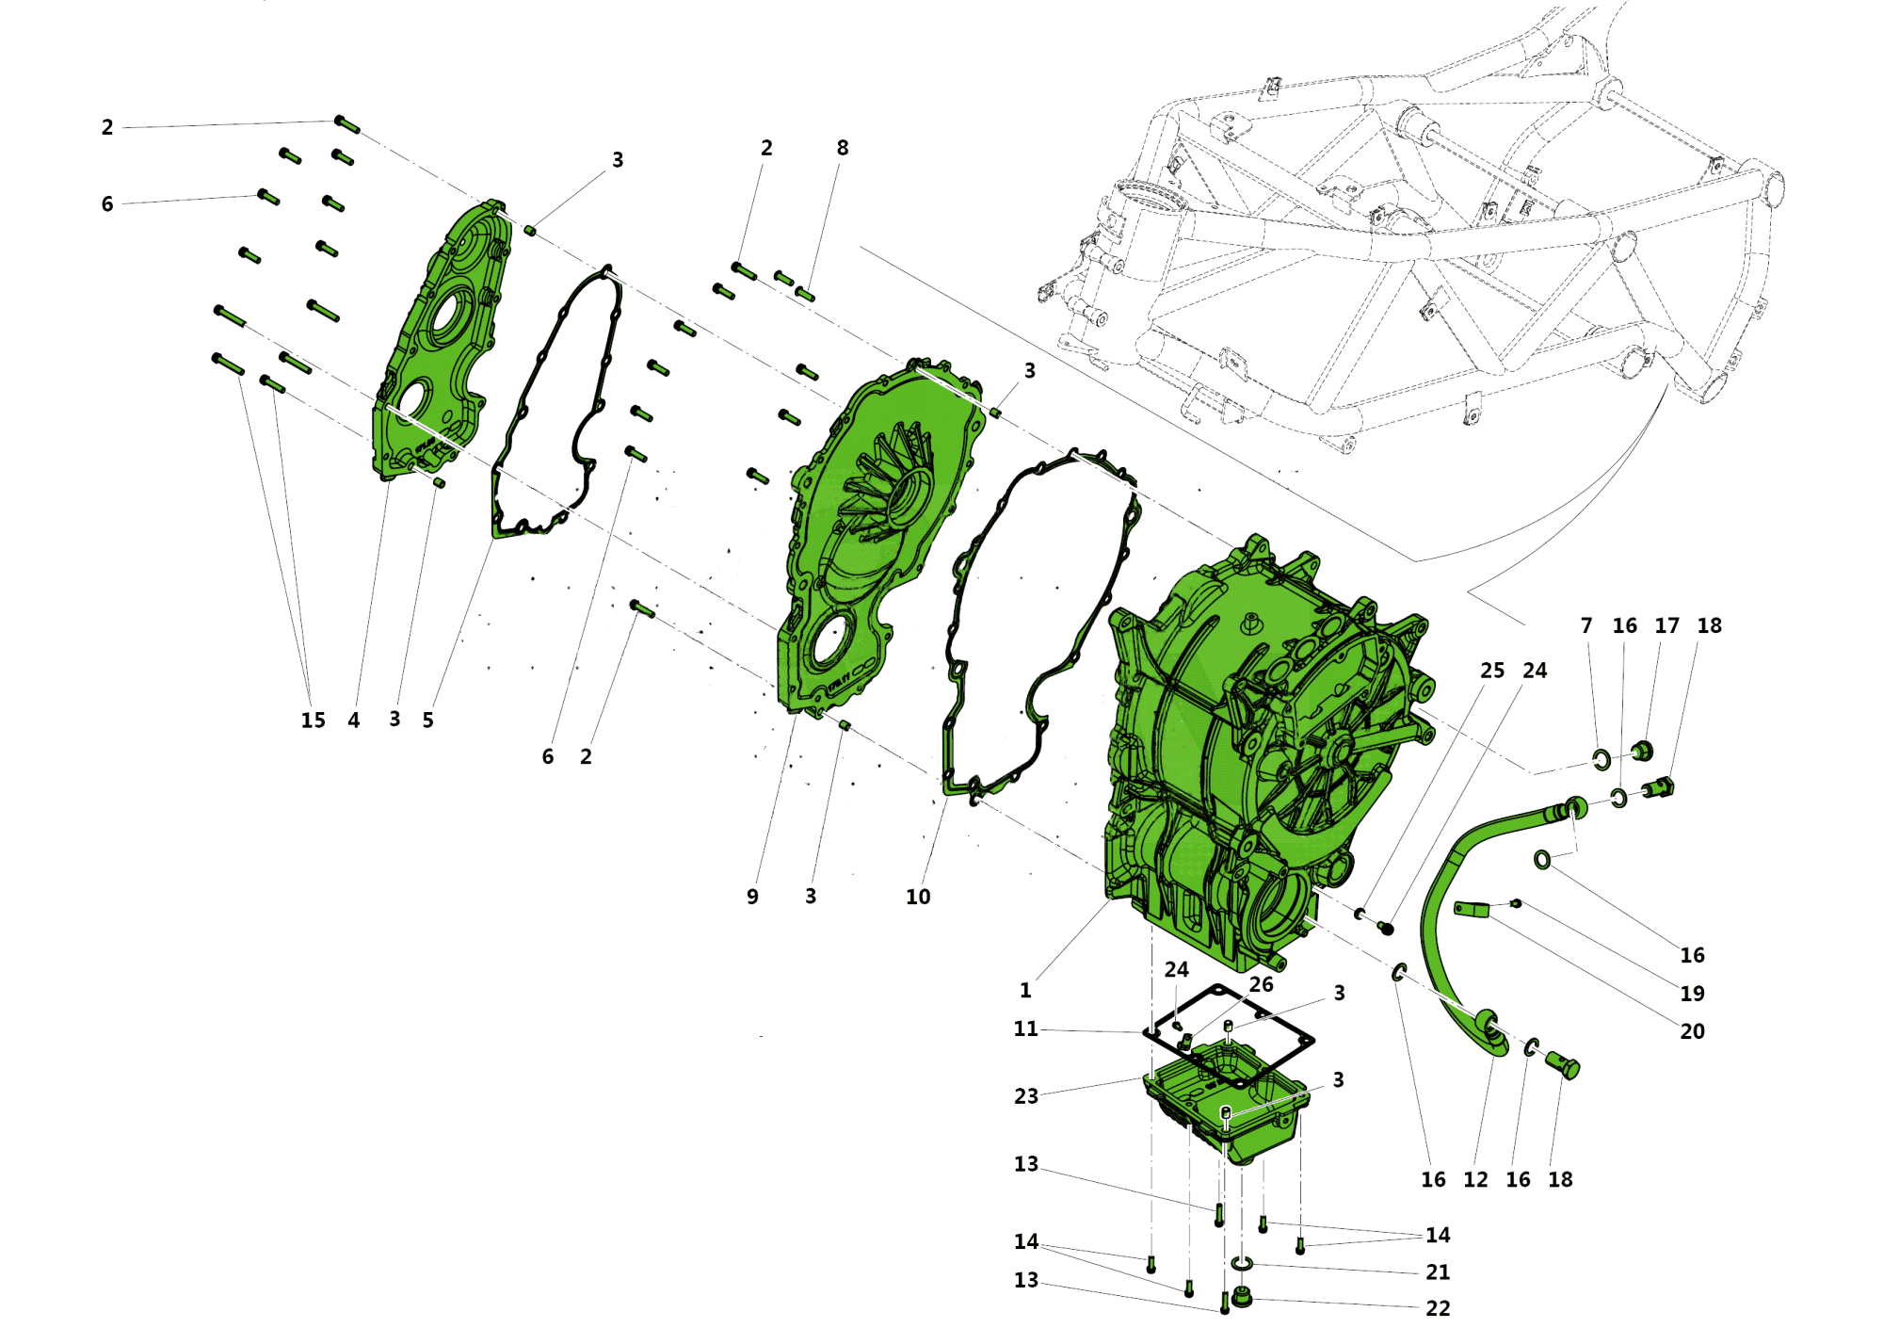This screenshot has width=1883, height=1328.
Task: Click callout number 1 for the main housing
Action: coord(1025,990)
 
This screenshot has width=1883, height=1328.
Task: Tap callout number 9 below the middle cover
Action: coord(752,897)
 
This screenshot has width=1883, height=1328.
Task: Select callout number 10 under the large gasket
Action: coord(918,897)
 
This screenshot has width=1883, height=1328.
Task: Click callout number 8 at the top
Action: coord(843,148)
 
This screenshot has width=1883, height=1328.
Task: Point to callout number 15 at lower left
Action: coord(313,721)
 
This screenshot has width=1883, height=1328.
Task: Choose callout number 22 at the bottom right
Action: coord(1438,1308)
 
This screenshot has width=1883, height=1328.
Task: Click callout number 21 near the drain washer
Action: coord(1438,1271)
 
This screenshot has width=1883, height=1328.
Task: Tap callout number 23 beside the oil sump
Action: coord(1025,1096)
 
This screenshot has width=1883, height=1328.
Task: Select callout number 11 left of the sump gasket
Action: coord(1025,1028)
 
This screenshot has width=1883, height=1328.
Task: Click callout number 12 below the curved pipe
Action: coord(1475,1179)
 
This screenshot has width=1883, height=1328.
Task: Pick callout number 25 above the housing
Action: coord(1492,671)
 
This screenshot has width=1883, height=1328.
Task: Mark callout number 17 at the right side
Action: coord(1666,625)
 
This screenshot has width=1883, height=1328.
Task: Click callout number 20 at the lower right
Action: coord(1692,1031)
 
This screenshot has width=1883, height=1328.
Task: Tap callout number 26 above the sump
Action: coord(1261,984)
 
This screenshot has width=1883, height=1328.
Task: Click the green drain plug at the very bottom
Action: coord(1242,1299)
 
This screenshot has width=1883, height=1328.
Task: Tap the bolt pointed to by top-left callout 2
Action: coord(347,124)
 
